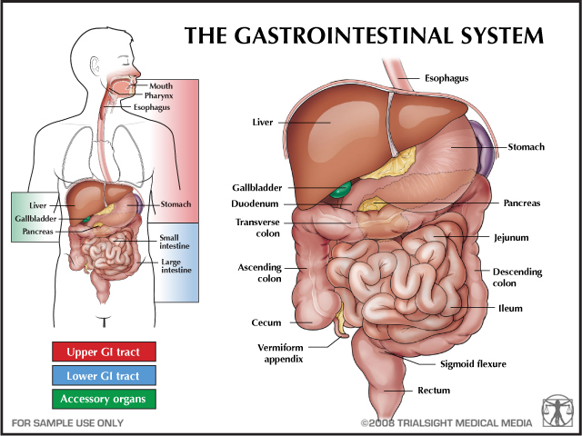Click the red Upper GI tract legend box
(104, 351)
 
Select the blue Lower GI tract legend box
(104, 375)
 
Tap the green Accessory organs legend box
(104, 399)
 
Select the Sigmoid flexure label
(473, 364)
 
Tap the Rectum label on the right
(434, 391)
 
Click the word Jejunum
(510, 238)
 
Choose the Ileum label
(510, 308)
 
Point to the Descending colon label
(517, 276)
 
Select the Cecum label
(266, 322)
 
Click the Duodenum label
(256, 204)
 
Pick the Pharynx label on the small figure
(157, 95)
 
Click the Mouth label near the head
(161, 85)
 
